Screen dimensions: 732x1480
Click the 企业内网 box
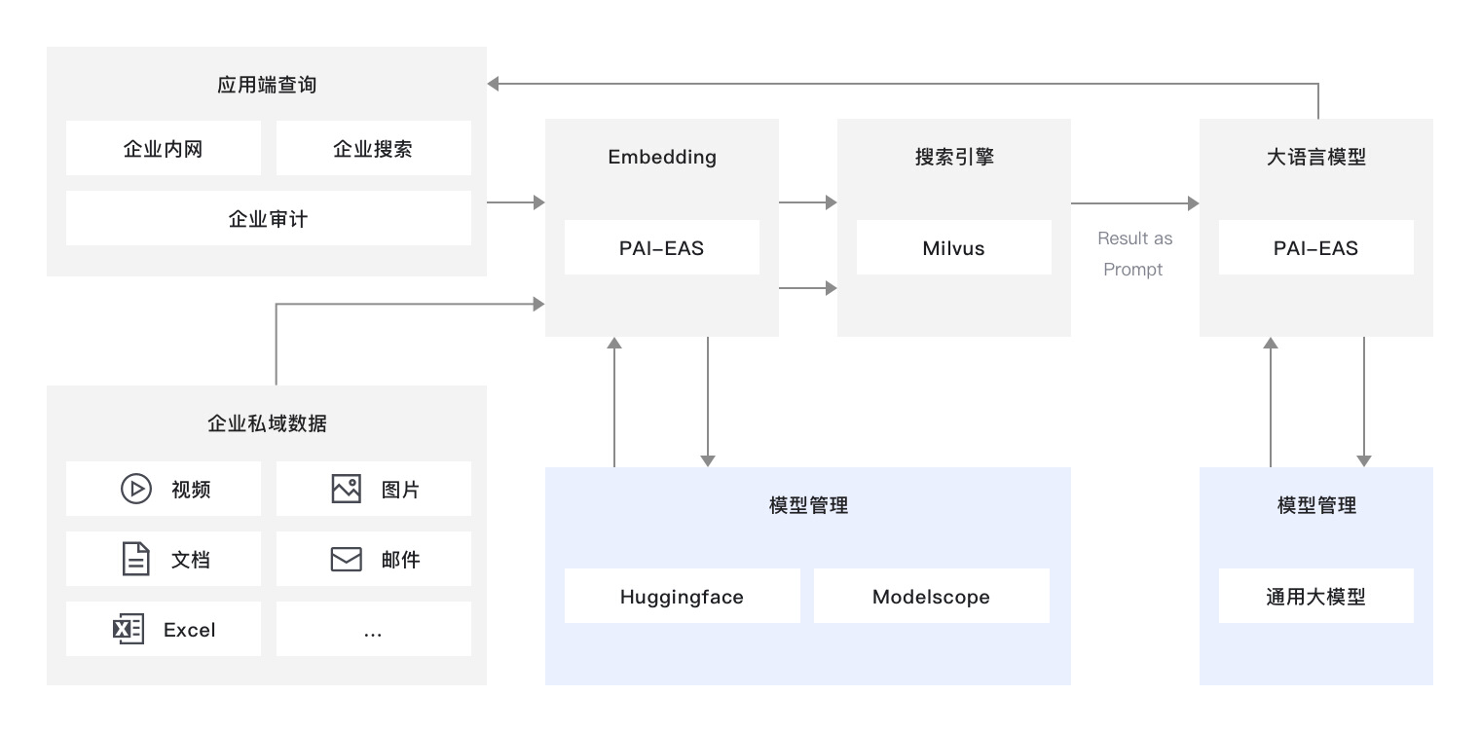[x=164, y=149]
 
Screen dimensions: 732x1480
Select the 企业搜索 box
[x=373, y=149]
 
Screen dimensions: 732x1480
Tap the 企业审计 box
[x=268, y=219]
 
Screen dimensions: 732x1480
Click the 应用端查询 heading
[x=267, y=85]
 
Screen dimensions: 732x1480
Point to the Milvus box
[x=953, y=248]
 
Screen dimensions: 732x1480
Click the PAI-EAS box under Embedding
[x=661, y=248]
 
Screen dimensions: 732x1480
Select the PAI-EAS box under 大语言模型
[x=1315, y=248]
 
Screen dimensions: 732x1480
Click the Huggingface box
[x=682, y=597]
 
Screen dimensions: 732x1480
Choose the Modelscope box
[x=931, y=597]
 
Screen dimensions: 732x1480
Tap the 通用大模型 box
[x=1315, y=597]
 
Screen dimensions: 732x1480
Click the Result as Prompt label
[x=1134, y=254]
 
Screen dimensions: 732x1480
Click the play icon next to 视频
[x=135, y=489]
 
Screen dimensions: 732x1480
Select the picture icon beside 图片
[x=346, y=489]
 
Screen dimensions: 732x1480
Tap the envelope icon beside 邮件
[x=346, y=560]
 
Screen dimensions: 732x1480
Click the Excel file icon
[x=129, y=630]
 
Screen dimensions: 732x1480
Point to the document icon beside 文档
[x=135, y=560]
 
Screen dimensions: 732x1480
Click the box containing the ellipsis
[x=373, y=630]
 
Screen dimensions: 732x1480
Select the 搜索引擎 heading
[x=953, y=157]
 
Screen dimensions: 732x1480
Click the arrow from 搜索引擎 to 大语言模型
[x=1134, y=203]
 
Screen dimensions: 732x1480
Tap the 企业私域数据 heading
[x=267, y=423]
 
